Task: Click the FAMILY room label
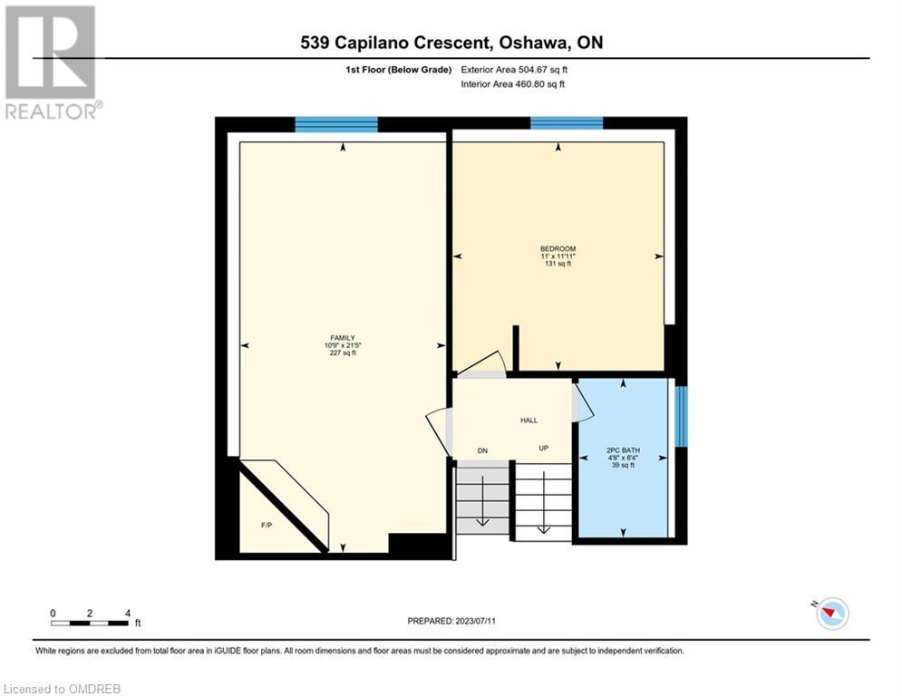tap(343, 338)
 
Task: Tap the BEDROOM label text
tap(558, 248)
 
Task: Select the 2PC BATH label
tap(623, 450)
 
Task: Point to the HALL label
tap(529, 420)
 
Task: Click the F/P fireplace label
tap(267, 525)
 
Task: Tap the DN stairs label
tap(482, 451)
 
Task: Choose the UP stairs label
tap(543, 448)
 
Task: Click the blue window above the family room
tap(336, 124)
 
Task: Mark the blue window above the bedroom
tap(567, 123)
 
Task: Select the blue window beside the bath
tap(681, 416)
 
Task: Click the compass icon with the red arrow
tap(832, 614)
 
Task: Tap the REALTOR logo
tap(53, 63)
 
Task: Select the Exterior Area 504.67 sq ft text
tap(514, 70)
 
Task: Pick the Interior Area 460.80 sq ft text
tap(512, 84)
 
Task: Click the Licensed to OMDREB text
tap(63, 689)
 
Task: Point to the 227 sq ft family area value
tap(343, 353)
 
